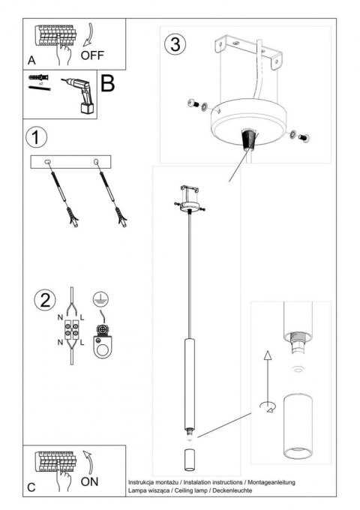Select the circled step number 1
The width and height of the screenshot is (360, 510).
tap(35, 138)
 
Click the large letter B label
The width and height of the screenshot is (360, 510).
tap(107, 84)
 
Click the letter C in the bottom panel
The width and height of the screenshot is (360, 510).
tap(31, 487)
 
